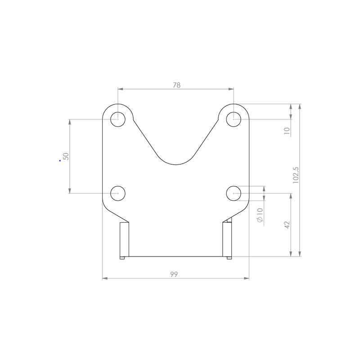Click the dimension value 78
click(x=176, y=85)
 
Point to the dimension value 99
click(x=174, y=274)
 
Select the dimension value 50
click(x=66, y=156)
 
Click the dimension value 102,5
click(x=296, y=175)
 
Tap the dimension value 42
click(x=287, y=225)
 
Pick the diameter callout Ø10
click(x=260, y=215)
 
